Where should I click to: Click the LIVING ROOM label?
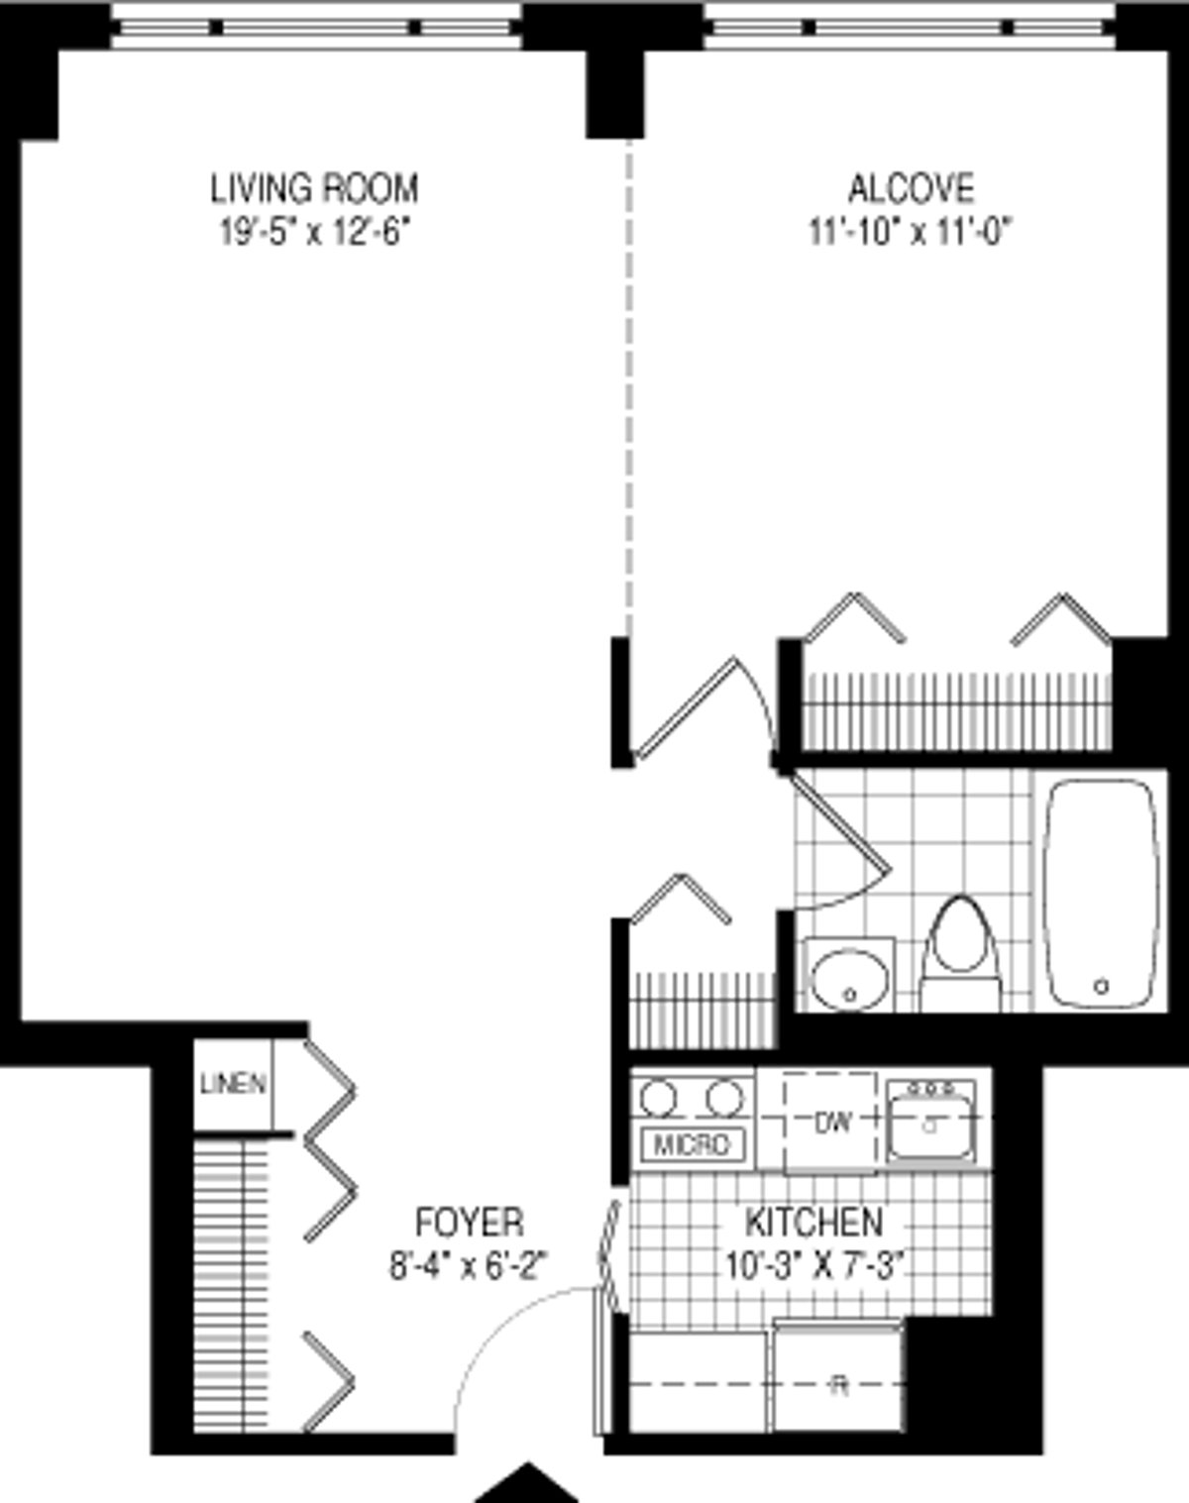pyautogui.click(x=314, y=187)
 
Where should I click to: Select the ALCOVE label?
pyautogui.click(x=911, y=187)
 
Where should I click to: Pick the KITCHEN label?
pyautogui.click(x=813, y=1222)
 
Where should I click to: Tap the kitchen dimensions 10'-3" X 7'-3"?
pyautogui.click(x=814, y=1265)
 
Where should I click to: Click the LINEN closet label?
pyautogui.click(x=233, y=1084)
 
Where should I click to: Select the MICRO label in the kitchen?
pyautogui.click(x=692, y=1144)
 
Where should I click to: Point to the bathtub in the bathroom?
pyautogui.click(x=1100, y=892)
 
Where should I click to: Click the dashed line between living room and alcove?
pyautogui.click(x=627, y=386)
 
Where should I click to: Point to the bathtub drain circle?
pyautogui.click(x=1101, y=986)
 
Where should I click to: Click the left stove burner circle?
pyautogui.click(x=658, y=1098)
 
